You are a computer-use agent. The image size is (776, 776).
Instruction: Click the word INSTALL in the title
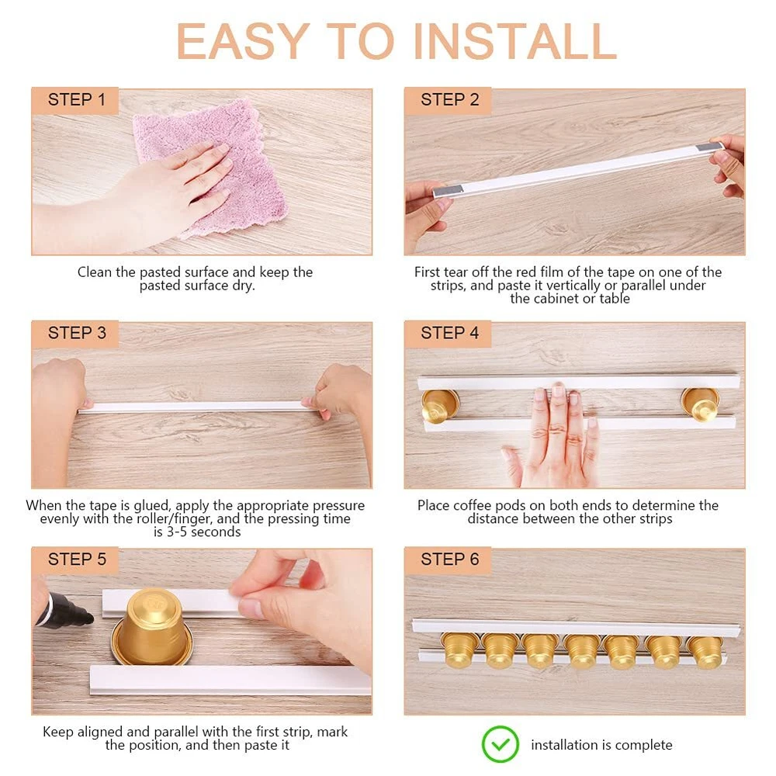click(515, 42)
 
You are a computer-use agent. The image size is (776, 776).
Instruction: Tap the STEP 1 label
click(77, 99)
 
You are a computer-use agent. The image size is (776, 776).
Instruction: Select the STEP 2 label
click(450, 99)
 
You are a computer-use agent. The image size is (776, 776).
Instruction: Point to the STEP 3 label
click(77, 333)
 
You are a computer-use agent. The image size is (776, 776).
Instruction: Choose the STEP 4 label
click(450, 333)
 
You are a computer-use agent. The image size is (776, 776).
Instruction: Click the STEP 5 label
click(77, 559)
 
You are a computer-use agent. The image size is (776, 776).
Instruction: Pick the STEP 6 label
click(450, 559)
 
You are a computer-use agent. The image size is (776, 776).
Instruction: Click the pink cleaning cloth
click(218, 163)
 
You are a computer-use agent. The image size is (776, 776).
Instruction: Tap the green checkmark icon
click(500, 744)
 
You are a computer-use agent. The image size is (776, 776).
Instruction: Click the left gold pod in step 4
click(439, 406)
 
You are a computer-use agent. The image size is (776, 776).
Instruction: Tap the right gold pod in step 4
click(700, 404)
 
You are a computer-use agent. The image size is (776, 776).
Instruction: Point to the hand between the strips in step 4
click(554, 435)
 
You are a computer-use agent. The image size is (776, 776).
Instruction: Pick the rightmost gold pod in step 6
click(705, 651)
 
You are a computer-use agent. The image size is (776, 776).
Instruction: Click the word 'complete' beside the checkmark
click(643, 745)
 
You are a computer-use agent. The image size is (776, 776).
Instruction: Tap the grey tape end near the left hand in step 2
click(449, 191)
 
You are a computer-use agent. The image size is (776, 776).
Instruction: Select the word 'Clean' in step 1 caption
click(95, 272)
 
